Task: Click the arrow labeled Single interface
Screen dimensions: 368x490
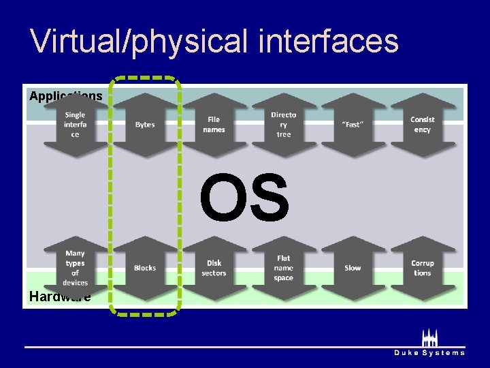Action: coord(75,125)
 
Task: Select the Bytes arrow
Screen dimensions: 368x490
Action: coord(145,125)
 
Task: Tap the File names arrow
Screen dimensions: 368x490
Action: coord(214,125)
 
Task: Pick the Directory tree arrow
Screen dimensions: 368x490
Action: coord(284,125)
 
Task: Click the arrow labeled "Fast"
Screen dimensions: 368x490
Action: coord(353,125)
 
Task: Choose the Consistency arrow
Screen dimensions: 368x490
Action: coord(423,125)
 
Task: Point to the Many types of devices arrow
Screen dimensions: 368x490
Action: coord(75,268)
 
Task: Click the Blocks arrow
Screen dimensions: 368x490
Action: coord(145,268)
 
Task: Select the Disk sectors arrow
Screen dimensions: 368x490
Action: coord(214,268)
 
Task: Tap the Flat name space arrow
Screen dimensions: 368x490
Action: coord(284,268)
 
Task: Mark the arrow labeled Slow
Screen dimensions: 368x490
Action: coord(353,268)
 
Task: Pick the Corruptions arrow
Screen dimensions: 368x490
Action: coord(423,268)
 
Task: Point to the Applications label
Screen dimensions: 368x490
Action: coord(65,96)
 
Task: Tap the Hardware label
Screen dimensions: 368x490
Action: coord(59,296)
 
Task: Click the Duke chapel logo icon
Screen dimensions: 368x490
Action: coord(429,338)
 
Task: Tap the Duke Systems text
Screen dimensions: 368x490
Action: coord(429,353)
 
